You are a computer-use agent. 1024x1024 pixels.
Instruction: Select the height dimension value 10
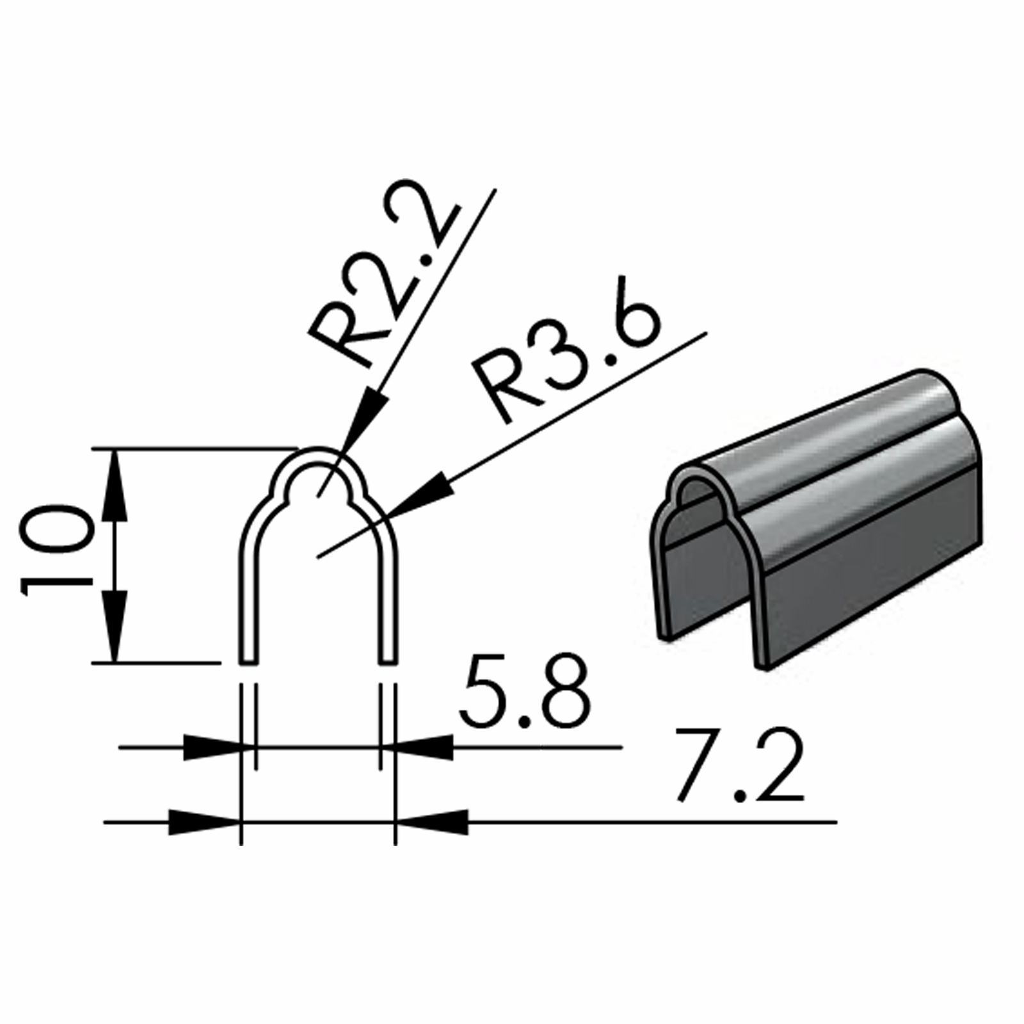pyautogui.click(x=58, y=550)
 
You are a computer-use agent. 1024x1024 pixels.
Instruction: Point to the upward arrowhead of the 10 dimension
pyautogui.click(x=116, y=477)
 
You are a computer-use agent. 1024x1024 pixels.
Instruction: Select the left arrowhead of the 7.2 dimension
pyautogui.click(x=202, y=821)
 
